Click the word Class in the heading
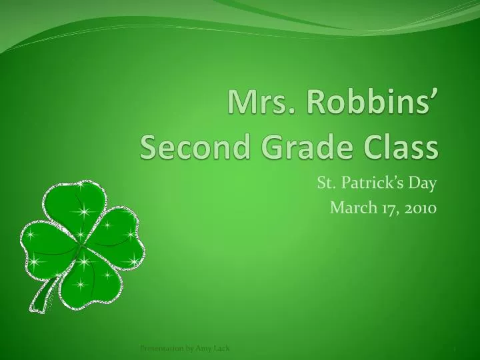[x=397, y=145]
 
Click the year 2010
[x=417, y=208]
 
